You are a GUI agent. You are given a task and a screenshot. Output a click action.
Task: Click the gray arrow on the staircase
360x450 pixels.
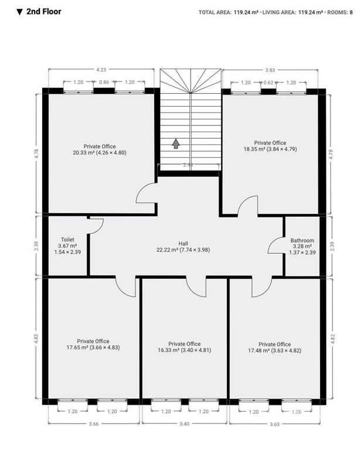tap(176, 144)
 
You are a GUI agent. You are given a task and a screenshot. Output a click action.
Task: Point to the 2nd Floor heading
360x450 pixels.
tap(43, 12)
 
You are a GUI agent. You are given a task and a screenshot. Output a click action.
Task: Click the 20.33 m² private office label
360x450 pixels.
tap(100, 149)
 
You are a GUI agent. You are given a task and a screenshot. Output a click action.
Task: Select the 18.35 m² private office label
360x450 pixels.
tap(270, 146)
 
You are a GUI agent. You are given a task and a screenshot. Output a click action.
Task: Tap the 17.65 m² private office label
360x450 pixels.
tap(93, 344)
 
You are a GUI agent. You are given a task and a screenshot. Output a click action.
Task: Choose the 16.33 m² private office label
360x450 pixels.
tap(184, 347)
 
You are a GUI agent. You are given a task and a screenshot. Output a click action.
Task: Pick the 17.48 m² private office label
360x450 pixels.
tap(275, 347)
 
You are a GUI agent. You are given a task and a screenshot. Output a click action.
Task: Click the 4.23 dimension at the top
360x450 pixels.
tap(101, 70)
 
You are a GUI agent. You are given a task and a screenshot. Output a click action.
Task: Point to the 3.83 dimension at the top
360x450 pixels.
tap(270, 70)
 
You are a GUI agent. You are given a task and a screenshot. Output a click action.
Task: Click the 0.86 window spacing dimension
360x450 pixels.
tap(104, 82)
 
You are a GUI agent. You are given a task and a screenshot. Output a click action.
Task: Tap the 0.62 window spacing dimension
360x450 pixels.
tap(269, 83)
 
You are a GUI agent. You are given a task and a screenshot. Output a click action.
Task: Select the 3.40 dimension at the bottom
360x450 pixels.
tap(184, 424)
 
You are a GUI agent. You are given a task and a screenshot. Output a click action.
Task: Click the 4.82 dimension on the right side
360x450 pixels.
tap(332, 339)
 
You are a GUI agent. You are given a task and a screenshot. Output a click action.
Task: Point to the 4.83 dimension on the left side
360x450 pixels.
tap(36, 339)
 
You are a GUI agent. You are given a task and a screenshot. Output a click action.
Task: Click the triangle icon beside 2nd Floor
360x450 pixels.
tap(19, 12)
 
